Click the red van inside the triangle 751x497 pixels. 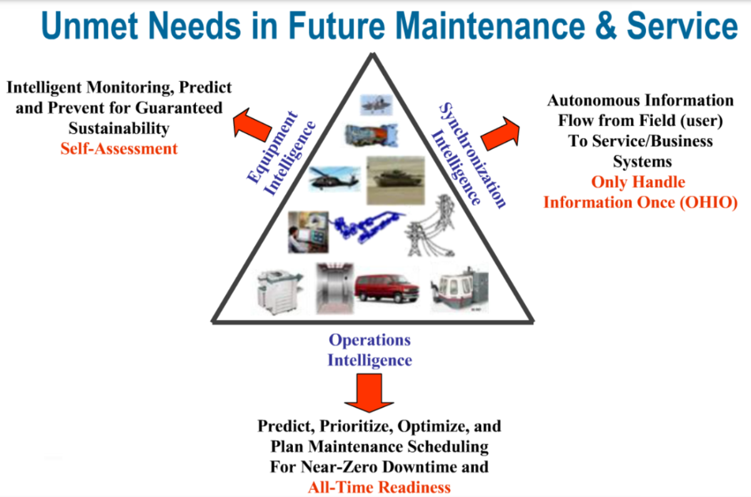coord(387,288)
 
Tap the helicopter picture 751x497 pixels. coord(334,179)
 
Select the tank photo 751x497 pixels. coord(396,180)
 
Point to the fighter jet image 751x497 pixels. coord(376,105)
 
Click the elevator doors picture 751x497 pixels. coord(335,289)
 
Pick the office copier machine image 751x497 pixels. coord(280,292)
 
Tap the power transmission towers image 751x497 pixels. coord(431,226)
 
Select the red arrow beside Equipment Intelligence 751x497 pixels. coord(252,125)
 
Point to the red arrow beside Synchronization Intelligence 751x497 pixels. coord(500,133)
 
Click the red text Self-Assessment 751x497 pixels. coord(119,148)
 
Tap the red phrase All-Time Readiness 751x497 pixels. coord(379,487)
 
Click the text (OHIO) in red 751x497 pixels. coord(708,203)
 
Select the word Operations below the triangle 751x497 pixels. coord(370,341)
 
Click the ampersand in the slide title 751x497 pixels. coord(606,26)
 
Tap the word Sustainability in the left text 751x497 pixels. coord(119,128)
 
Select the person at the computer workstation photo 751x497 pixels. coord(308,232)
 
